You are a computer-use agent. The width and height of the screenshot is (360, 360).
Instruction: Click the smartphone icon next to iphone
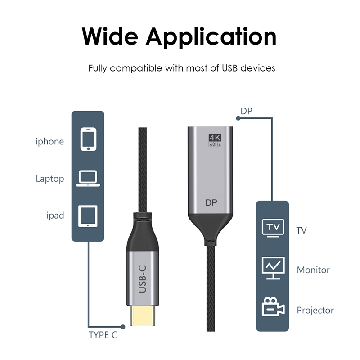click(88, 139)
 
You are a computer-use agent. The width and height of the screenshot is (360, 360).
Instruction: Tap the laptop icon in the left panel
click(88, 178)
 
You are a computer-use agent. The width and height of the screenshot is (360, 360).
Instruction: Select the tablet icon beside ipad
click(88, 216)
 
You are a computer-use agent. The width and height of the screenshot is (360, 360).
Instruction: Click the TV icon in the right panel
click(273, 228)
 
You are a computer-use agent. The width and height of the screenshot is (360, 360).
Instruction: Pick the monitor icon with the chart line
click(273, 268)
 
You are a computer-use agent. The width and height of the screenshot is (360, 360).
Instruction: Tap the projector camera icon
click(273, 307)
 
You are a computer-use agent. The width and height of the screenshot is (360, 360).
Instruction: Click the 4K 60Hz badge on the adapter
click(215, 140)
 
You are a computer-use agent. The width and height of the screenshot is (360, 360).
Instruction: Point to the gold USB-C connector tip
click(143, 315)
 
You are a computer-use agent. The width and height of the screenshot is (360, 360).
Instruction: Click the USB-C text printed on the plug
click(143, 279)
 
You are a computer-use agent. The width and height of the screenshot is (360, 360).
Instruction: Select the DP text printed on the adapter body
click(211, 202)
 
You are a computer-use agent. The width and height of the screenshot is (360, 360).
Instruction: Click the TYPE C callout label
click(103, 335)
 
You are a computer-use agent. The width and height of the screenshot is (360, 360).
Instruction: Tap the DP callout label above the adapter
click(246, 111)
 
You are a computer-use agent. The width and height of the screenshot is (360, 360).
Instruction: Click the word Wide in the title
click(110, 37)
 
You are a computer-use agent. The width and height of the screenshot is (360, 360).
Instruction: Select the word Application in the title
click(211, 37)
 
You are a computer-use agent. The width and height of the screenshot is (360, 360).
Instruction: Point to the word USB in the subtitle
click(229, 68)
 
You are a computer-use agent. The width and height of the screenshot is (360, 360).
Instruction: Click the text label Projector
click(315, 310)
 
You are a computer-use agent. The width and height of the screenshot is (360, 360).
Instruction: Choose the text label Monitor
click(313, 270)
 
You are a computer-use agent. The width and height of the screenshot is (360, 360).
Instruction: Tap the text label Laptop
click(50, 179)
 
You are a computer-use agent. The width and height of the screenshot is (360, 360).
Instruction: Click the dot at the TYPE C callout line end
click(123, 327)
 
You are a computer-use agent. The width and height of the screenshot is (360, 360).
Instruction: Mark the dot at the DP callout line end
click(238, 118)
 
